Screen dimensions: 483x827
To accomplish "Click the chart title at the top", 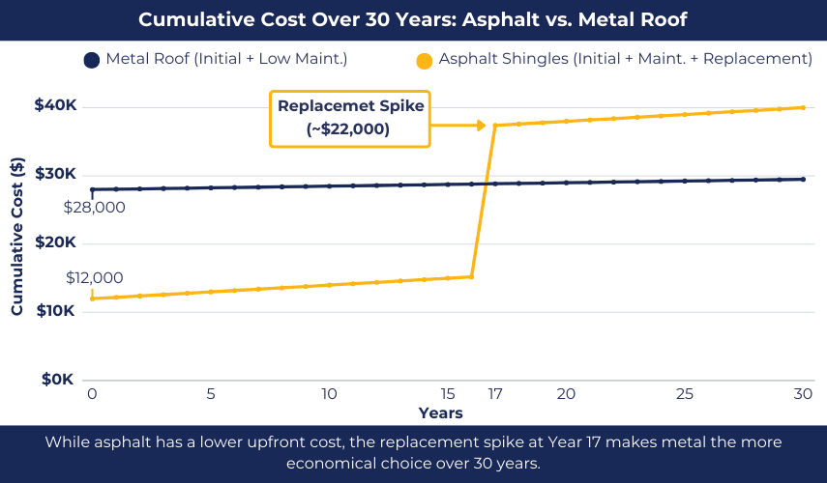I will (x=413, y=19).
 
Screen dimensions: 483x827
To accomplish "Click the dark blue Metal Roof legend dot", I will (x=93, y=60).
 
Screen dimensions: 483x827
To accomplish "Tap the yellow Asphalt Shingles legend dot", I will (x=424, y=61).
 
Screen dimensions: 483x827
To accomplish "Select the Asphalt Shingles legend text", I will (x=625, y=60).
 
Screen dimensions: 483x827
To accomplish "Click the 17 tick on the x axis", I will (x=494, y=394).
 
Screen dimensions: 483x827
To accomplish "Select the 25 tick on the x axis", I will (x=684, y=394).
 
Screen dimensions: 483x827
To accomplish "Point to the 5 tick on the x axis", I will (x=210, y=394).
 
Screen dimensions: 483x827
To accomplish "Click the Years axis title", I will (x=440, y=413).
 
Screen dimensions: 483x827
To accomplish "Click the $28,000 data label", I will (x=94, y=207).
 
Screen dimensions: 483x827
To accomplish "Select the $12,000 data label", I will (x=94, y=277).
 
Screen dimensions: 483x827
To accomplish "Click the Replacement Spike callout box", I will (x=350, y=117).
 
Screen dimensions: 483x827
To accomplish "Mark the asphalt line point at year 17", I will (x=495, y=126).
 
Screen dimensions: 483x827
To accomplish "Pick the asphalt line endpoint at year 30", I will (x=803, y=107).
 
